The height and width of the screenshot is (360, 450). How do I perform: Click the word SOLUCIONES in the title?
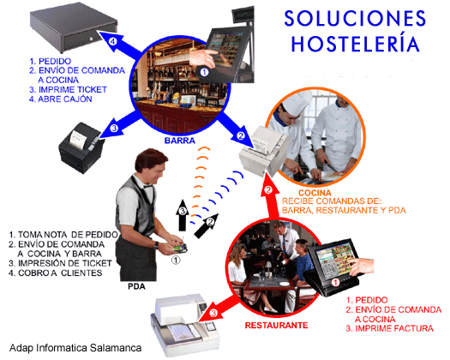(x=356, y=18)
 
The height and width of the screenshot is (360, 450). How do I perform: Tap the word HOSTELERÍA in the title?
(x=356, y=43)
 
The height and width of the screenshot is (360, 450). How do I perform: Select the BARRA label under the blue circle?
(x=180, y=141)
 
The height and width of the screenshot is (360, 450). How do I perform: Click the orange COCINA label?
(x=315, y=193)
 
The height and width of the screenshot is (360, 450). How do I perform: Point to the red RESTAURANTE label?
(x=276, y=325)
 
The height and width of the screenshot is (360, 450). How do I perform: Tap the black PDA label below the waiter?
(x=136, y=286)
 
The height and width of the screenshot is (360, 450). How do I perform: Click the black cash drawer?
(x=74, y=30)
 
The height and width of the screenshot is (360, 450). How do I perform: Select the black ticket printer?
(x=81, y=147)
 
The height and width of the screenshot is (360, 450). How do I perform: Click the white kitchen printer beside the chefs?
(x=264, y=151)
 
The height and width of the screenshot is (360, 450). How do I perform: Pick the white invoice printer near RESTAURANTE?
(x=185, y=327)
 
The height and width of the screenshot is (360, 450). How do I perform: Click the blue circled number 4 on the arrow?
(x=113, y=42)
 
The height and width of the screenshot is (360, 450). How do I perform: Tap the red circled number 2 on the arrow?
(x=268, y=190)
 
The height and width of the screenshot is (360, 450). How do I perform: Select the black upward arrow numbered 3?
(x=183, y=215)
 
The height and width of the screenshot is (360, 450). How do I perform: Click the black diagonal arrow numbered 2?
(x=207, y=225)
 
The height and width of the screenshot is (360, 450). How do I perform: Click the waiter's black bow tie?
(x=148, y=186)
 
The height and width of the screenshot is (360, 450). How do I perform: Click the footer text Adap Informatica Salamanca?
(x=75, y=348)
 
